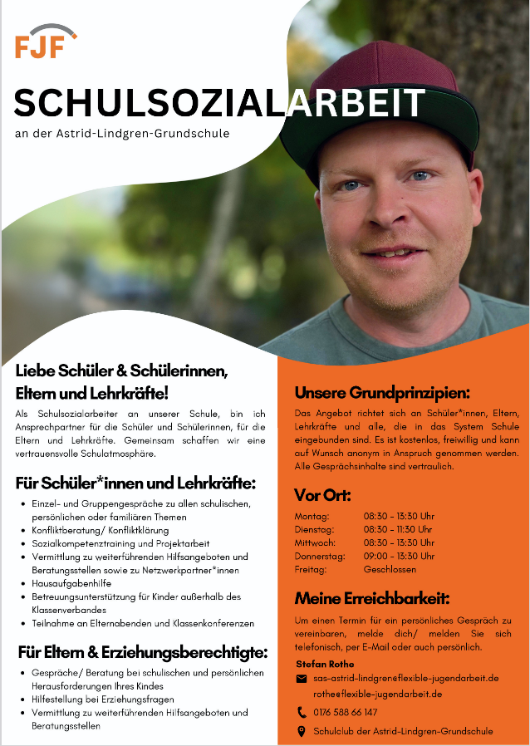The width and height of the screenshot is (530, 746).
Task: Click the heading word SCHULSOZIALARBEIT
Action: (219, 103)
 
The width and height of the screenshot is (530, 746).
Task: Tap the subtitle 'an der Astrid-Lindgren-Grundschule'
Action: (122, 133)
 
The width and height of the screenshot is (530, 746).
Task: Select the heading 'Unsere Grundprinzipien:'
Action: (382, 392)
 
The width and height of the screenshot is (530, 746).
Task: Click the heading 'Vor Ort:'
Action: (323, 495)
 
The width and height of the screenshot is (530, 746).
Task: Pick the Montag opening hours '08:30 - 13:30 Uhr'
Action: (399, 516)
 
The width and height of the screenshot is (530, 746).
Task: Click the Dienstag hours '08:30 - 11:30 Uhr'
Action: (398, 529)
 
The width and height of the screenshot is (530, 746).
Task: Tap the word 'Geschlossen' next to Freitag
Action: (390, 569)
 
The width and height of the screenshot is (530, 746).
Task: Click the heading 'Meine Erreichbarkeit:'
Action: (372, 598)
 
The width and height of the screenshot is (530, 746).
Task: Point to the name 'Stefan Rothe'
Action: (325, 664)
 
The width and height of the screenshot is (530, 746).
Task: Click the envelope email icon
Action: (302, 679)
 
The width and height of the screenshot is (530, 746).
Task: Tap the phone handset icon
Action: (302, 712)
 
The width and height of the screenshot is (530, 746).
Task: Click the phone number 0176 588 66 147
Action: (345, 712)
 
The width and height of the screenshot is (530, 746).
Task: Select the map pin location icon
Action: (302, 731)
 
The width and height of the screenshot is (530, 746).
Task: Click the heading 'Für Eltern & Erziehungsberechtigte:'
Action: (142, 651)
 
